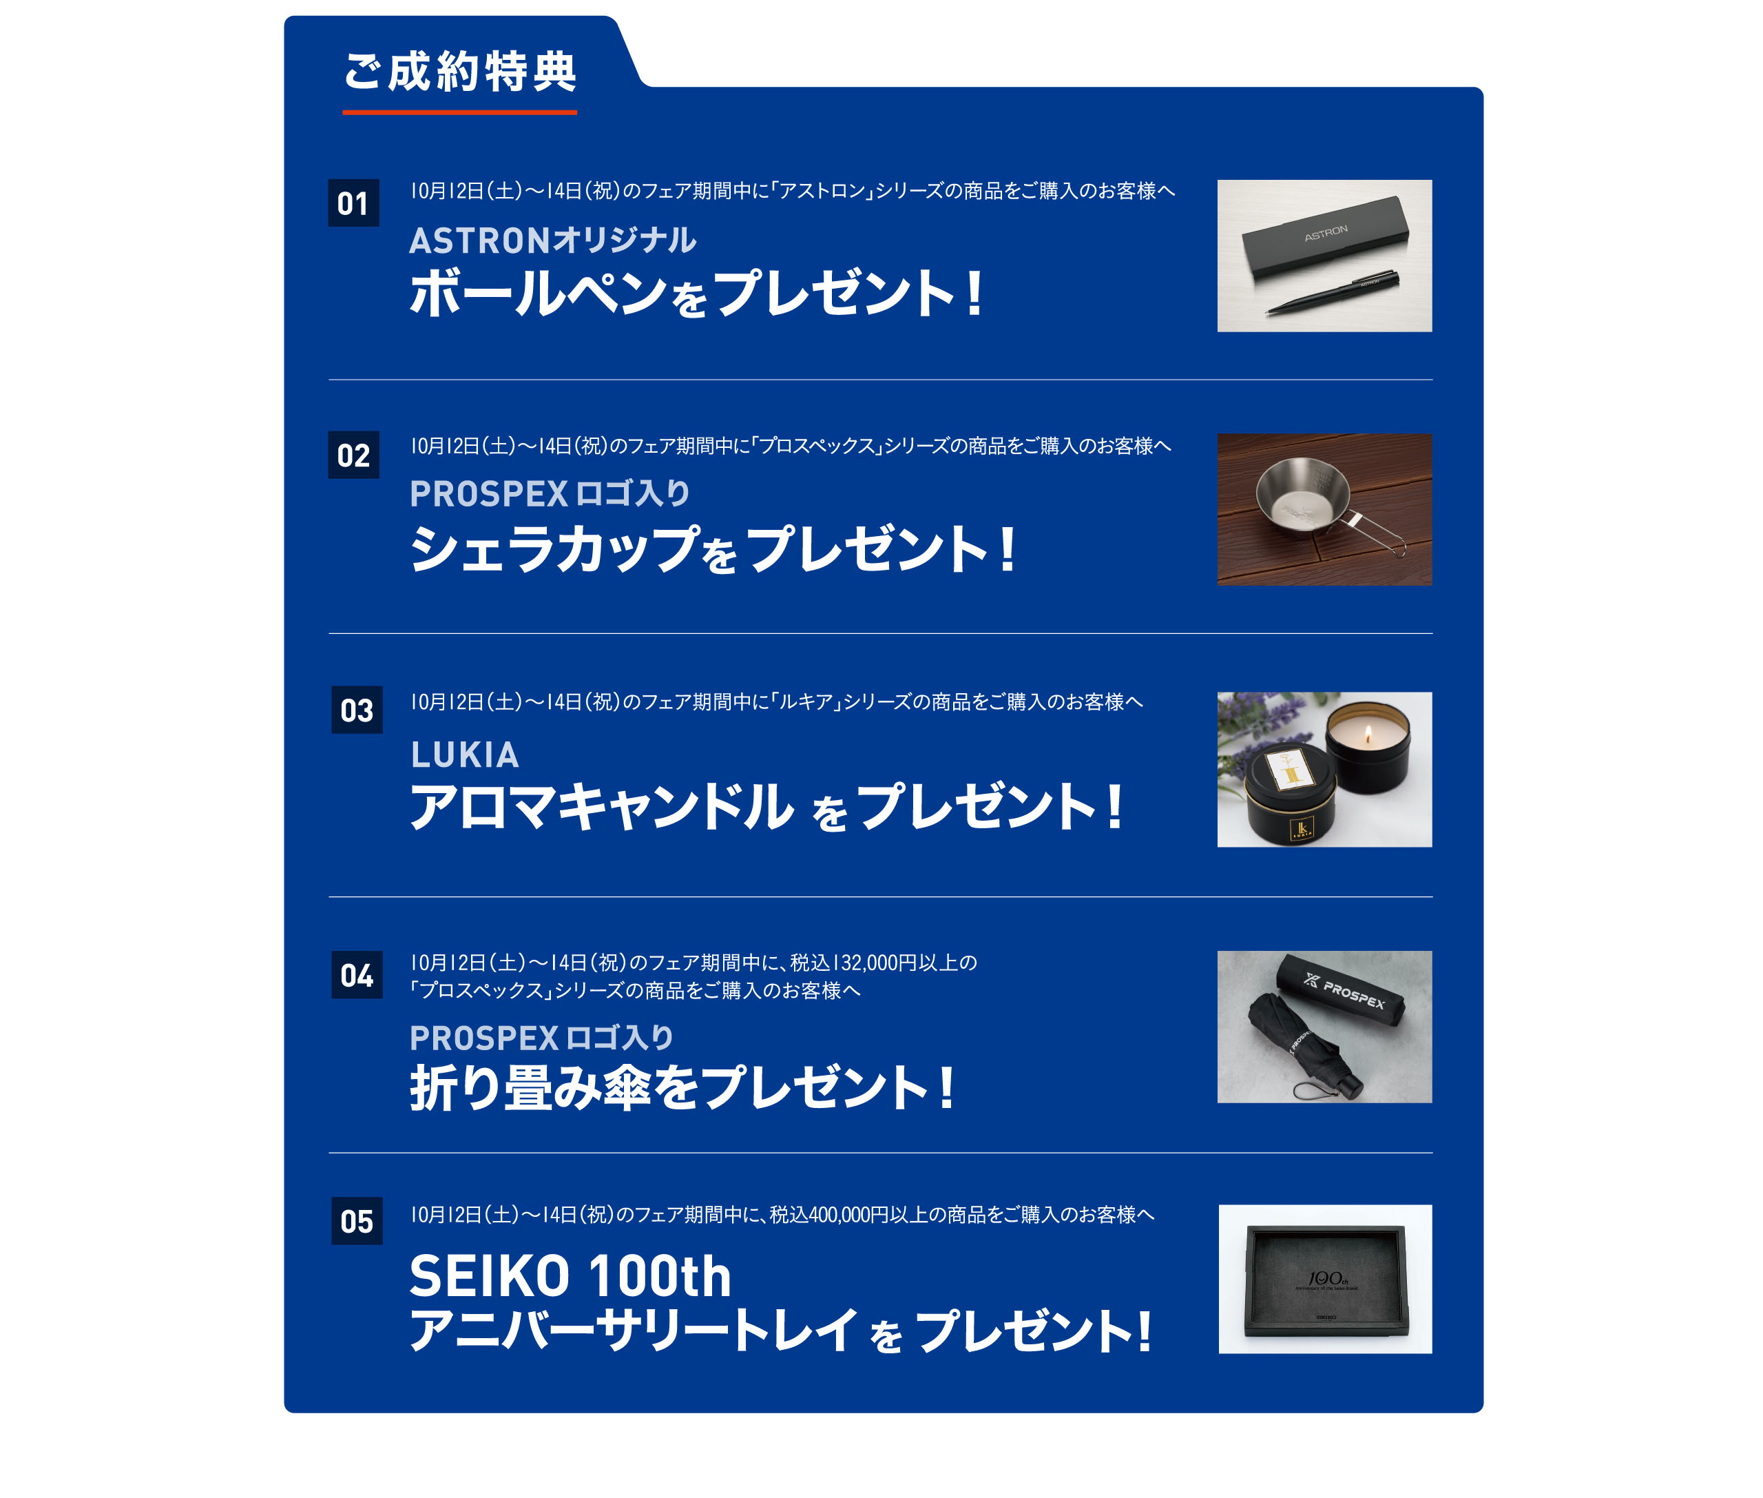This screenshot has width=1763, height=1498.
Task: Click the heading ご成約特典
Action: coord(460,72)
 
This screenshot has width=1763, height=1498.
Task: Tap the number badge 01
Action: coord(353,203)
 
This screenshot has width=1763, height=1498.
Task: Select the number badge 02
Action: coord(353,455)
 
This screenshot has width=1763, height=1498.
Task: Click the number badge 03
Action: coord(357,710)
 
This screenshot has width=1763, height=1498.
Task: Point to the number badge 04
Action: coord(357,975)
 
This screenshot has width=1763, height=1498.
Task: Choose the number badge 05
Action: coord(357,1221)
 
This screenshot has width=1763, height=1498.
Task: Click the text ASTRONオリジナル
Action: coord(552,240)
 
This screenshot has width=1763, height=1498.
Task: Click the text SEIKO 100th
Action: coord(570,1275)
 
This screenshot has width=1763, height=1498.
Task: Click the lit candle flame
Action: coord(1368,735)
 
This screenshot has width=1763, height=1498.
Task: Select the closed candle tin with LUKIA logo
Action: coord(1290,796)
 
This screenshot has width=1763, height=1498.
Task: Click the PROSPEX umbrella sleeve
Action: coord(1340,994)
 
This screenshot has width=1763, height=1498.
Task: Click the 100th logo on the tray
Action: coord(1326,1279)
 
